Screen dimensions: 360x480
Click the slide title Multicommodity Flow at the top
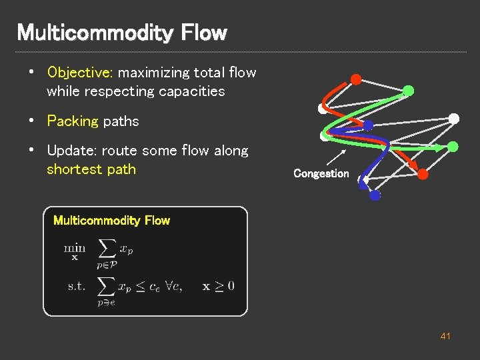[121, 32]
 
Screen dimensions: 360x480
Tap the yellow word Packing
[73, 121]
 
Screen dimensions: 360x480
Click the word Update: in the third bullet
[71, 151]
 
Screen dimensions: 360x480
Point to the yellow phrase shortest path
[91, 169]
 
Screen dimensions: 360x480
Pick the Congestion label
[321, 173]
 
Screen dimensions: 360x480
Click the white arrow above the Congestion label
[336, 157]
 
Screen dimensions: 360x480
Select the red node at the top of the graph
[356, 79]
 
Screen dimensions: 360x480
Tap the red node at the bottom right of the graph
[423, 174]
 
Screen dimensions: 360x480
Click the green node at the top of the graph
[409, 90]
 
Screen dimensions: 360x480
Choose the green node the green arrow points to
[453, 147]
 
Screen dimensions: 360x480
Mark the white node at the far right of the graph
[454, 119]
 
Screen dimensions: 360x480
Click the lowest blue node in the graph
[375, 195]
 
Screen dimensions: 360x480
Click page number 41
[445, 336]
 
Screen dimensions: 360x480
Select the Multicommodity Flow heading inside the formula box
[111, 221]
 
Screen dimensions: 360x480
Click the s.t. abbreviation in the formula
[75, 286]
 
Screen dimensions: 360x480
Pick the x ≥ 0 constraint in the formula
[219, 286]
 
